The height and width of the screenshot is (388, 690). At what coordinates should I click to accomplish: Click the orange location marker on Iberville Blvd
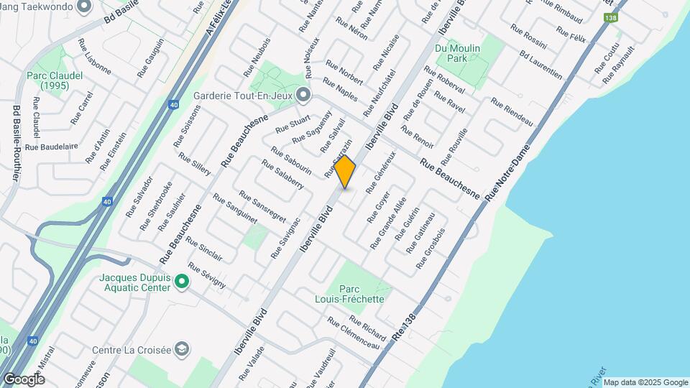coord(345,172)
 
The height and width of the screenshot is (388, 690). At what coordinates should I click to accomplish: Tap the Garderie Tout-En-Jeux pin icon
coord(303,95)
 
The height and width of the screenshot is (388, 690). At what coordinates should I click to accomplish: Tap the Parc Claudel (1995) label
coord(54,80)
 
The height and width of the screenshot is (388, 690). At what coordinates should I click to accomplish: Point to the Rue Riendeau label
coord(512,112)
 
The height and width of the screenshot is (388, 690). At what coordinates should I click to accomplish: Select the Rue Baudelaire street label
coord(51,147)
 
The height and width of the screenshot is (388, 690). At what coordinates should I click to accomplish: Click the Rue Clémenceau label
coord(353,334)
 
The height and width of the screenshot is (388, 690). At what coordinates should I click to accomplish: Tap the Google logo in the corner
coord(24,379)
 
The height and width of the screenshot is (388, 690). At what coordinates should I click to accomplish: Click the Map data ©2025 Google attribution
coord(645,382)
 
